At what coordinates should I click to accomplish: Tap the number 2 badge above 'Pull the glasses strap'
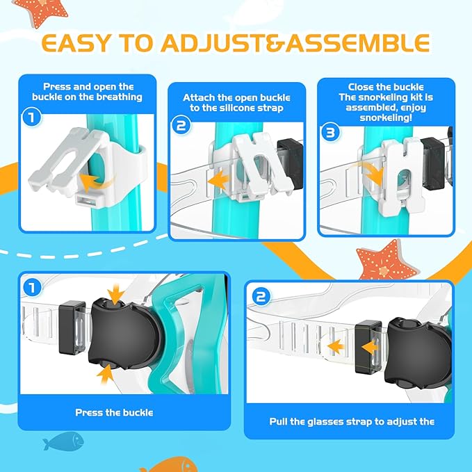point(260,297)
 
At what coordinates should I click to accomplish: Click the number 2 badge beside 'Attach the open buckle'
point(181,126)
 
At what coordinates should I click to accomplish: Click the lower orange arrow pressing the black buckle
point(106,374)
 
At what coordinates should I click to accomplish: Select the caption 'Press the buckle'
point(114,413)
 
